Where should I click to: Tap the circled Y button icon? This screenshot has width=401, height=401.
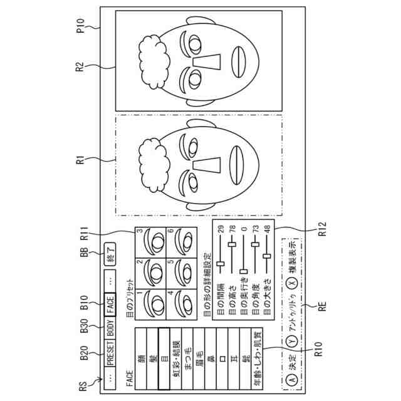coord(290,342)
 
